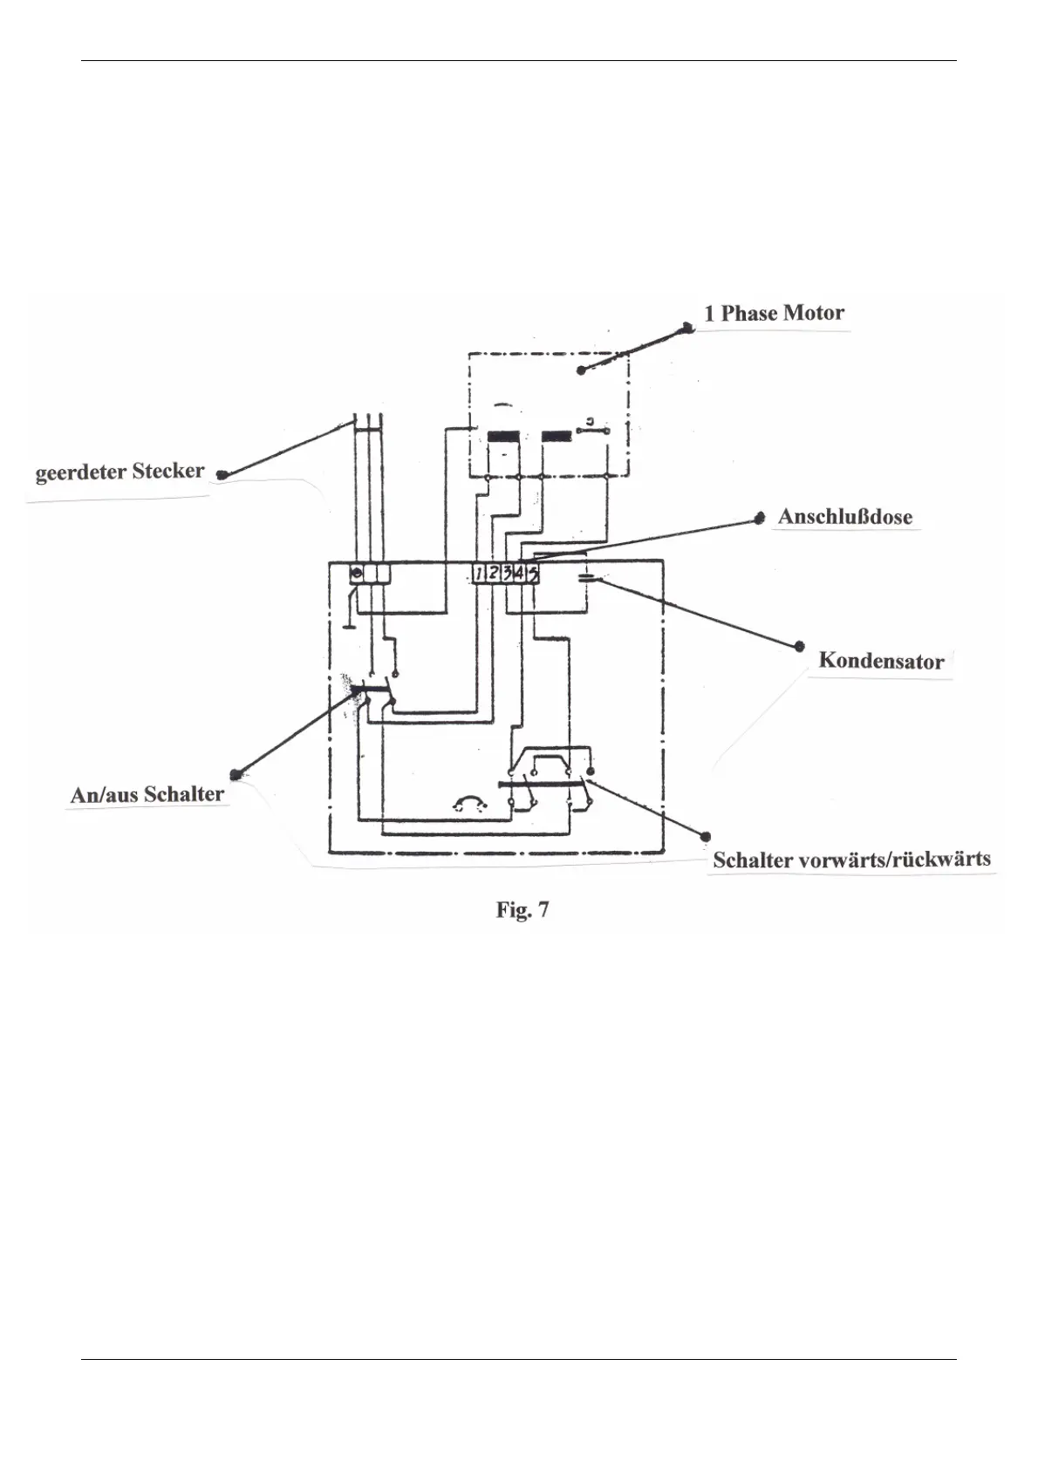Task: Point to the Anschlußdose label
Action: tap(844, 517)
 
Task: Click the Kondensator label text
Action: tap(881, 661)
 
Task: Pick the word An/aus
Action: tap(105, 795)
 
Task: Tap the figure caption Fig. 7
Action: tap(522, 910)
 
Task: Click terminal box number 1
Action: tap(480, 574)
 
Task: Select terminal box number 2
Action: tap(494, 574)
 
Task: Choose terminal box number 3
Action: tap(507, 574)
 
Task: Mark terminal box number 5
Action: tap(533, 574)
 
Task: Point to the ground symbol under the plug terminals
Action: tap(348, 624)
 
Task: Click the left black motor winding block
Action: tap(503, 436)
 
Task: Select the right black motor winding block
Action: tap(556, 436)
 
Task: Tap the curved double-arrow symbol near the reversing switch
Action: tap(470, 802)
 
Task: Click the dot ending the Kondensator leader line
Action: tap(800, 647)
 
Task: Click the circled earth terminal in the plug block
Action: tap(356, 574)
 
